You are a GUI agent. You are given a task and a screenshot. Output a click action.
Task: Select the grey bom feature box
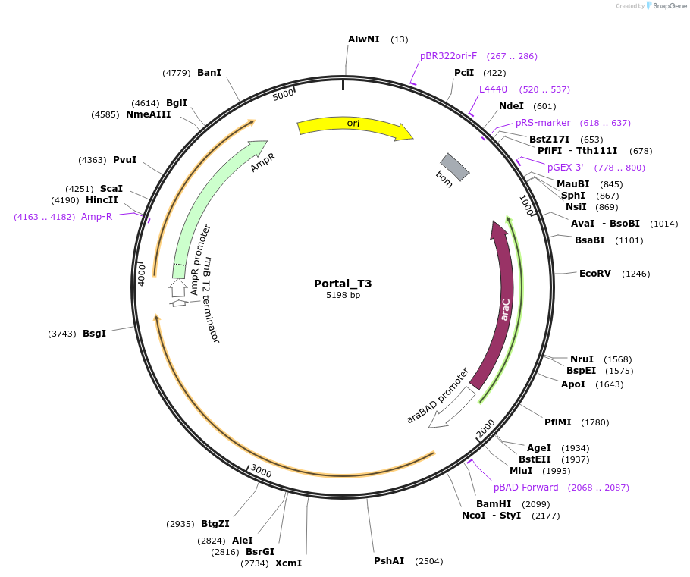[x=455, y=166]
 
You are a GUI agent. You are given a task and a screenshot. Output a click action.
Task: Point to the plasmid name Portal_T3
[x=343, y=284]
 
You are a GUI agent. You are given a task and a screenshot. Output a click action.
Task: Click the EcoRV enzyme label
[x=594, y=274]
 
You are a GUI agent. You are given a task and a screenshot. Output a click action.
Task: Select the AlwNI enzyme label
[x=363, y=39]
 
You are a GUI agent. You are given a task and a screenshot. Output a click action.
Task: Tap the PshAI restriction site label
[x=389, y=561]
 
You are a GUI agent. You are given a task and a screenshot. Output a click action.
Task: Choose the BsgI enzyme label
[x=94, y=333]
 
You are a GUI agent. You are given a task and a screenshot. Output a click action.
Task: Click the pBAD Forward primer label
[x=525, y=487]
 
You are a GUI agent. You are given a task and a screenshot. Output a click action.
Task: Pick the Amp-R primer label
[x=96, y=217]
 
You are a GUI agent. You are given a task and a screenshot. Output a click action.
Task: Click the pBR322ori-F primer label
[x=449, y=55]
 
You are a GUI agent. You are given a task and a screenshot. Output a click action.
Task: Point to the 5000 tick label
[x=283, y=95]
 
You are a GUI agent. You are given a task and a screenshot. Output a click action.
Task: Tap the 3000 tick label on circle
[x=261, y=472]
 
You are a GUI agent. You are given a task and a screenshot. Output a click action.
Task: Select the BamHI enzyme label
[x=494, y=503]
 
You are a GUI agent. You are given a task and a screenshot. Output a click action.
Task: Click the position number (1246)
[x=635, y=274]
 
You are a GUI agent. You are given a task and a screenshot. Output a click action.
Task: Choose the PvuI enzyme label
[x=124, y=160]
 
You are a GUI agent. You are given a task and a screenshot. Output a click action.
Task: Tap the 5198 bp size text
[x=343, y=295]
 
